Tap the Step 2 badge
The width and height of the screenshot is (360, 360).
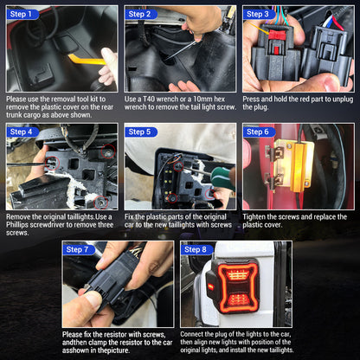point(140,14)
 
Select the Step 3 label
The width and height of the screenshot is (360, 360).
point(258,14)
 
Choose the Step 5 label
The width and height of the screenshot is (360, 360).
point(140,132)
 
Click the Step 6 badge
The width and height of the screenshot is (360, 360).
point(258,132)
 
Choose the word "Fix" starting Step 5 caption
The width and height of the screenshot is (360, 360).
point(130,216)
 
